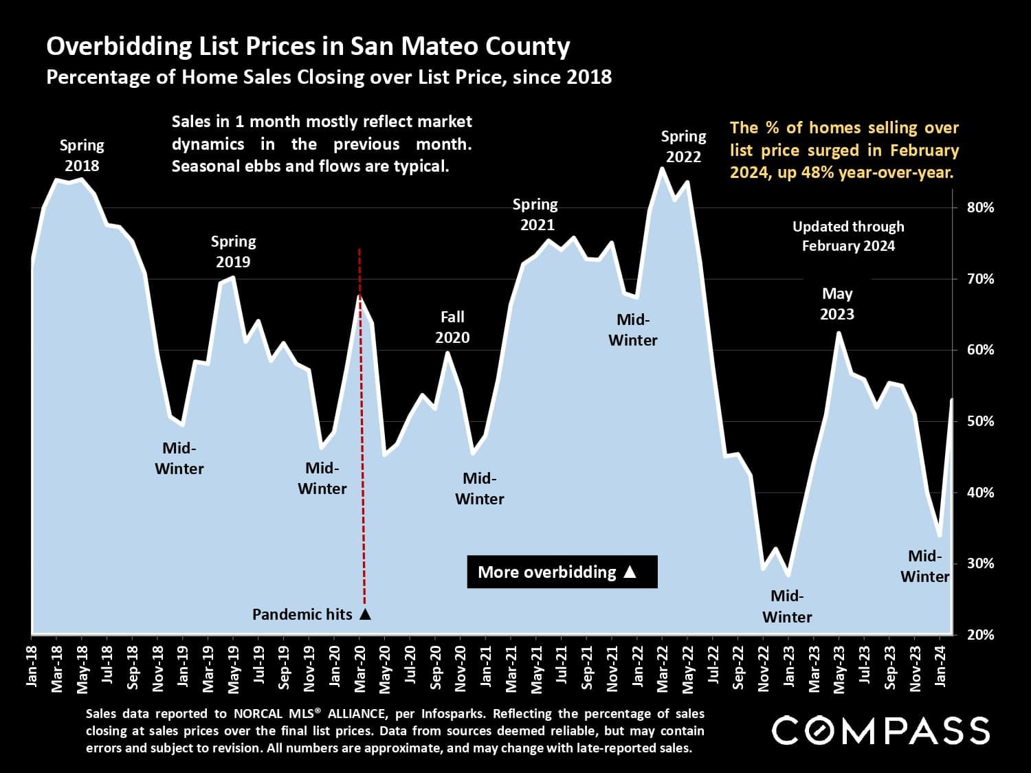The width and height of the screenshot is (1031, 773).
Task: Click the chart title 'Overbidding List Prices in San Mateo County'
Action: pyautogui.click(x=308, y=46)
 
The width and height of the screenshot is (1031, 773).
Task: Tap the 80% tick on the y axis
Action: pyautogui.click(x=980, y=208)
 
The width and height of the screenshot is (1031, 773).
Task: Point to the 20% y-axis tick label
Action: pyautogui.click(x=980, y=635)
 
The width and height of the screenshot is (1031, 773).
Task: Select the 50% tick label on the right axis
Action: pyautogui.click(x=980, y=421)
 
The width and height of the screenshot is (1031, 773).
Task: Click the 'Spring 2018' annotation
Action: pyautogui.click(x=82, y=155)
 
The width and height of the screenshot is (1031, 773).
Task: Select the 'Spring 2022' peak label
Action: pyautogui.click(x=683, y=146)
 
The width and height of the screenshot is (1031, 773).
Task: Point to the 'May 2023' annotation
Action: pyautogui.click(x=836, y=304)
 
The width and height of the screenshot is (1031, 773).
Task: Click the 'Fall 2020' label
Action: pyautogui.click(x=452, y=327)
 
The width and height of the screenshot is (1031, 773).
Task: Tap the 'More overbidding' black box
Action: pyautogui.click(x=562, y=572)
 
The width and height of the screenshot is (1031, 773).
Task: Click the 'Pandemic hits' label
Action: pyautogui.click(x=302, y=614)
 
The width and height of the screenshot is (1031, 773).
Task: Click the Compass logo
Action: pyautogui.click(x=880, y=730)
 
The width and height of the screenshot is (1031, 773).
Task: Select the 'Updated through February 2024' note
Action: pyautogui.click(x=848, y=236)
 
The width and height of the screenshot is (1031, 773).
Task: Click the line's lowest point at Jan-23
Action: pyautogui.click(x=788, y=575)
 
